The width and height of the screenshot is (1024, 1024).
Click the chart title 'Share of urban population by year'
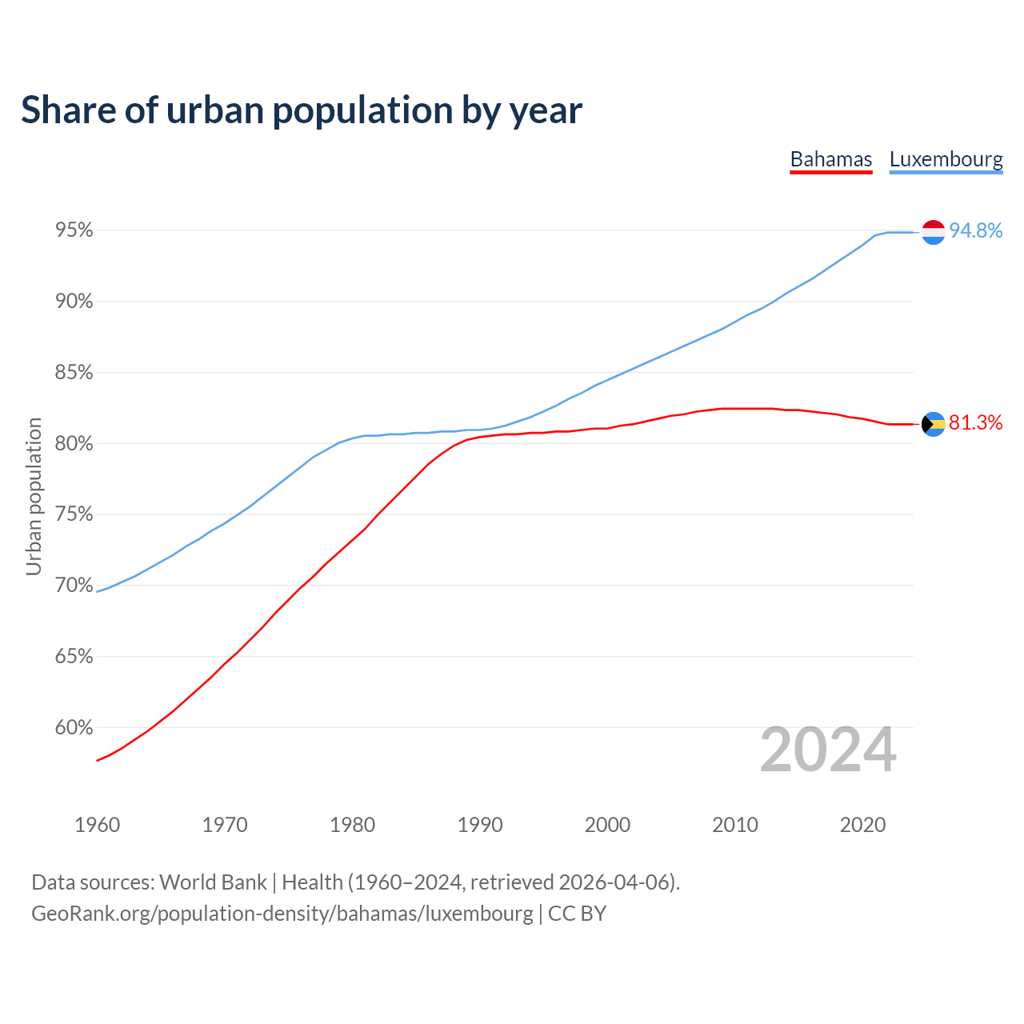click(x=302, y=110)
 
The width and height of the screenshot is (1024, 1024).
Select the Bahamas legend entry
click(x=830, y=159)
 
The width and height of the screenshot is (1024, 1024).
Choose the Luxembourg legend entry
click(x=946, y=159)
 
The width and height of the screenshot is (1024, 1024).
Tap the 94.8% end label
click(x=975, y=231)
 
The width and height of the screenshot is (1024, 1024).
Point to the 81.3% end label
click(x=975, y=423)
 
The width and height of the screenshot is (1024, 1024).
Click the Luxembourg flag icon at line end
click(x=934, y=232)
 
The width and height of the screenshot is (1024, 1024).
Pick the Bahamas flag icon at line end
click(x=934, y=424)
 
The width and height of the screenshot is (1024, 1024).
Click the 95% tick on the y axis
click(x=74, y=230)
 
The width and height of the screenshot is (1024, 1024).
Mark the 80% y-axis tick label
click(x=74, y=444)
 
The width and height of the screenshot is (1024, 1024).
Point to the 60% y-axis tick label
click(x=74, y=728)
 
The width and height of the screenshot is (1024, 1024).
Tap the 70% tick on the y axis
click(x=74, y=586)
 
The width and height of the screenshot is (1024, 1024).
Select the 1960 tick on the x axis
click(x=97, y=825)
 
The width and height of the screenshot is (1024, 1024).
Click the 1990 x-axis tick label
click(x=480, y=825)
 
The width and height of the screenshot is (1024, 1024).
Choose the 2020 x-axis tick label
click(x=862, y=825)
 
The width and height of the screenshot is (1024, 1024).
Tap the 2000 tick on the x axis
click(x=607, y=825)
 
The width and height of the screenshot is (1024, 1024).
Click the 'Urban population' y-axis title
click(x=34, y=496)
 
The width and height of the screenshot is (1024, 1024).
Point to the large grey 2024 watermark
click(x=828, y=750)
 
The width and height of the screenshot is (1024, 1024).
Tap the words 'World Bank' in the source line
click(x=213, y=882)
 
